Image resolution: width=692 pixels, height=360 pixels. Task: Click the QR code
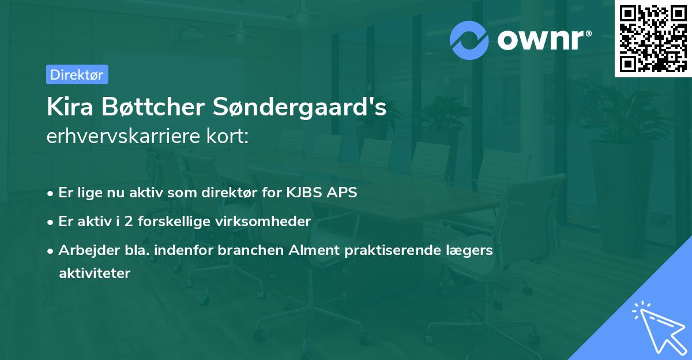click(653, 38)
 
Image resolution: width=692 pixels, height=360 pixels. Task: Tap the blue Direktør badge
click(77, 74)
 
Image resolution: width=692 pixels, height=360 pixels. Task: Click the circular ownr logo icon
click(469, 40)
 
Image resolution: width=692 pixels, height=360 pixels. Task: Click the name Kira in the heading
click(67, 108)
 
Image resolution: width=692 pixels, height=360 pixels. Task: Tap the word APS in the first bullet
click(342, 193)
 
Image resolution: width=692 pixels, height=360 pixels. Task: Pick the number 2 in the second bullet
click(130, 221)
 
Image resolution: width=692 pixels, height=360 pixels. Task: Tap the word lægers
click(474, 250)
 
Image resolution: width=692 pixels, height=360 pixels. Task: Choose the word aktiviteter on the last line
click(95, 273)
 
